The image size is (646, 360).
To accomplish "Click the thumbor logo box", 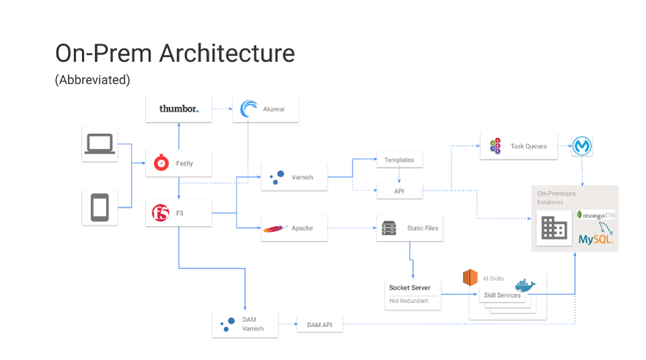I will point(179,109).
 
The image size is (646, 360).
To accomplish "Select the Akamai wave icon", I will point(249,109).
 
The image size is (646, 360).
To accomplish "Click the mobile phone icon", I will point(100,207).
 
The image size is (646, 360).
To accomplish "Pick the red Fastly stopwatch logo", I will point(161,163).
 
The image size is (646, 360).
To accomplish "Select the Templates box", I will point(399,160).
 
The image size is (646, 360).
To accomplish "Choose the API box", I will point(399,191).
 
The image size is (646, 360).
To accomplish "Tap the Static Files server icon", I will point(388,228).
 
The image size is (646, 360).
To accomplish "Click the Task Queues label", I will point(528,146).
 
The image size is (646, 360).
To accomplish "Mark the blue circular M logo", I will point(581,146).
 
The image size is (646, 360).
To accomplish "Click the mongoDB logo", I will point(596,215).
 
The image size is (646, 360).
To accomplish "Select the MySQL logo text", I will point(595,239).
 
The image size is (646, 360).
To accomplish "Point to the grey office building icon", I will point(554,229).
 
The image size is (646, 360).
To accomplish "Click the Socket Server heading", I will point(409,288).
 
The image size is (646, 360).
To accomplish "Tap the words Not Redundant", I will point(408,301).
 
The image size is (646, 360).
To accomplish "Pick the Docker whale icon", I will point(525,285).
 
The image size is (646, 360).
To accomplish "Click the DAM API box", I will point(320,326).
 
